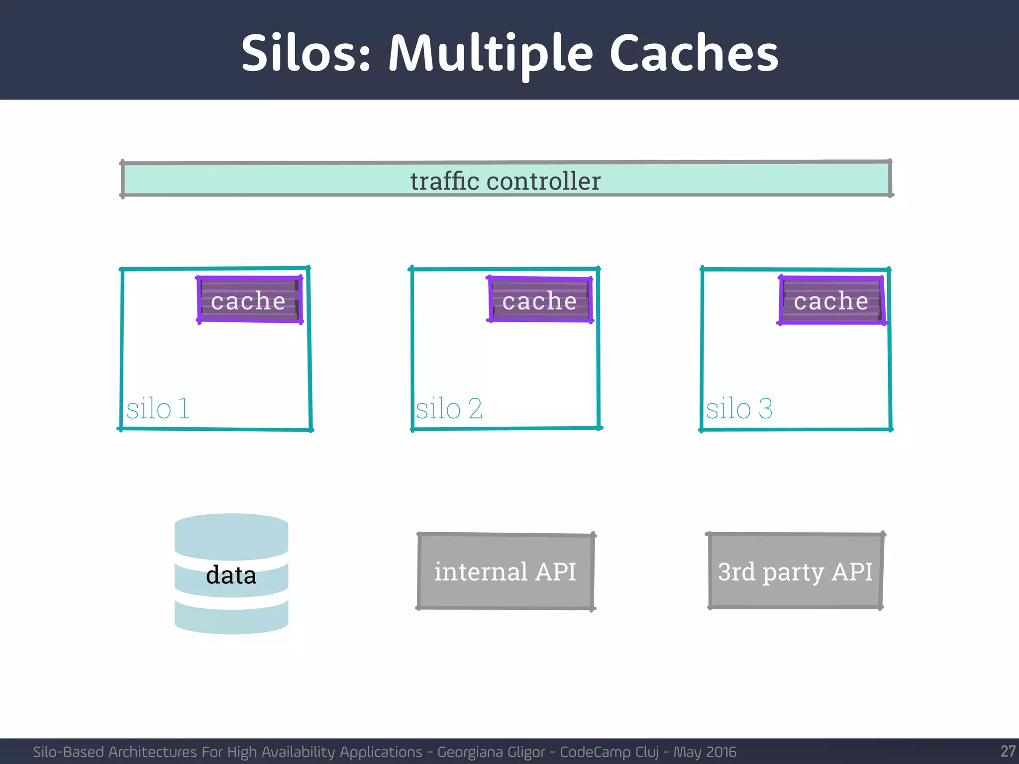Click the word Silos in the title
(306, 53)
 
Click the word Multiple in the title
(491, 53)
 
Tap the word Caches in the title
(694, 53)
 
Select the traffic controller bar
(506, 180)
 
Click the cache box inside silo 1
(249, 300)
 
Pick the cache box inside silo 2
(540, 300)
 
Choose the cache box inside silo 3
(831, 300)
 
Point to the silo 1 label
(158, 409)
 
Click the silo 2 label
(449, 409)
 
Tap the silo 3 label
(739, 409)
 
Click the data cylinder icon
(231, 573)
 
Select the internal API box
(506, 571)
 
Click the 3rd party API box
(795, 571)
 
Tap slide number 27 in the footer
(1008, 751)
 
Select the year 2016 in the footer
(720, 752)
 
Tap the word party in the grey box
(793, 572)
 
